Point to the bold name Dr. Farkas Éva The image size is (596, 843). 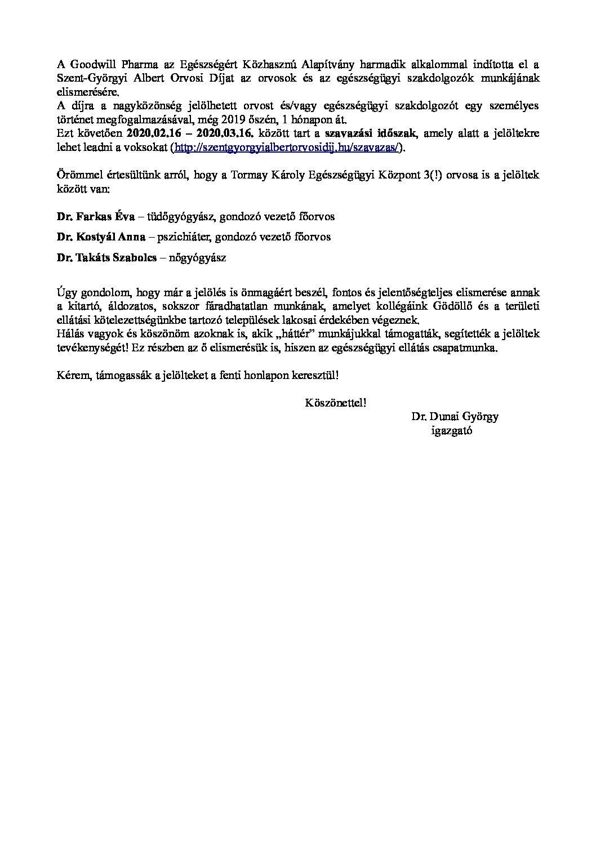pos(92,216)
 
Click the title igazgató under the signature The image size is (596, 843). pos(451,431)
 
